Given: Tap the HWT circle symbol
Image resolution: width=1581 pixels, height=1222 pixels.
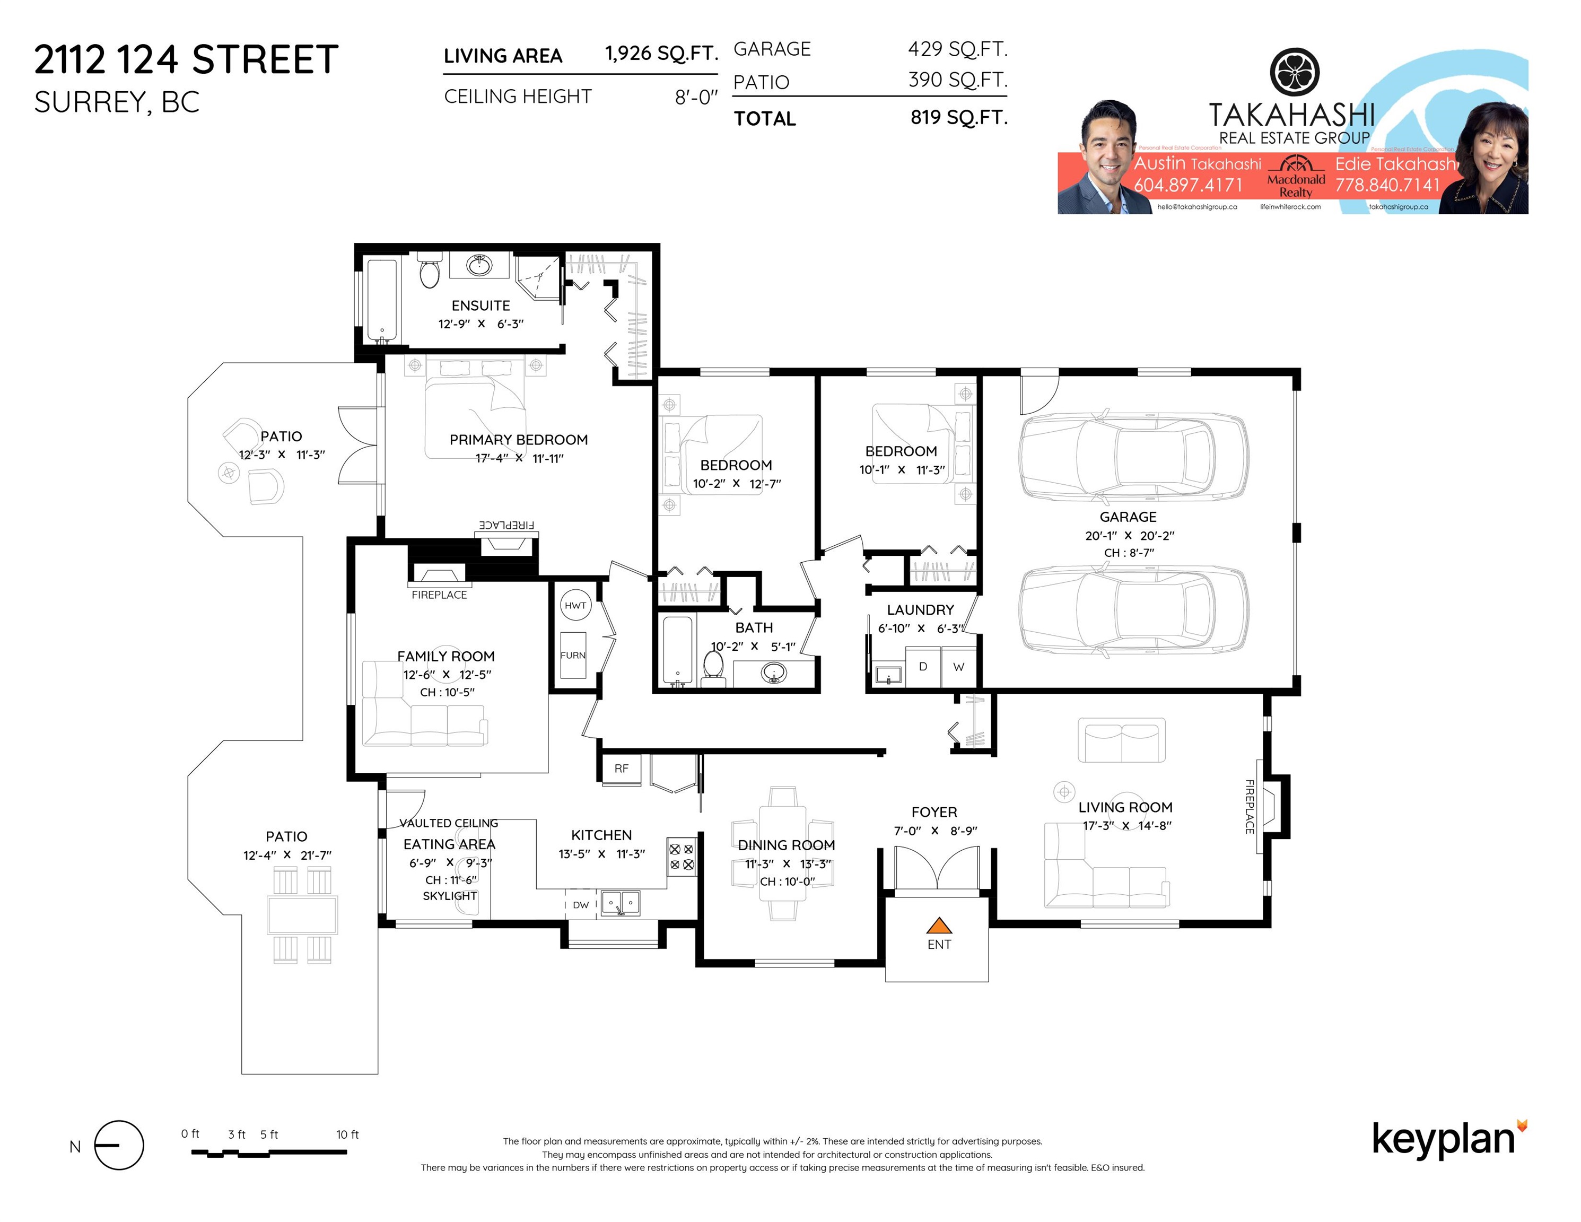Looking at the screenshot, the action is [x=575, y=605].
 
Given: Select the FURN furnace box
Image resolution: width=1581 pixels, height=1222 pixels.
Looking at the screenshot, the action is [x=573, y=654].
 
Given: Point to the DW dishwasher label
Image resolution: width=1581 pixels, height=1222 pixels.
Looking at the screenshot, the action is [x=581, y=904].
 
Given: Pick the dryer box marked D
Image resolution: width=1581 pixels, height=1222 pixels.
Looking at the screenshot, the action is [x=923, y=666].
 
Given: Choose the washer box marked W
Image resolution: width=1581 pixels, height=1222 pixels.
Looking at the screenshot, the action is [x=958, y=667].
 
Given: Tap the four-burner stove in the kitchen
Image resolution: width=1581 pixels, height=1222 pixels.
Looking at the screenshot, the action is [x=681, y=857].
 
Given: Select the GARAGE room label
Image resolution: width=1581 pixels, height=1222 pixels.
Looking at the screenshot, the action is [x=1128, y=517].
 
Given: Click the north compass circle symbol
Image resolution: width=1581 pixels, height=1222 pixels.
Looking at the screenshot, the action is [x=119, y=1145].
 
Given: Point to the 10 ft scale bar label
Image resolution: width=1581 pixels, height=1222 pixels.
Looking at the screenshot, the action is [x=347, y=1134].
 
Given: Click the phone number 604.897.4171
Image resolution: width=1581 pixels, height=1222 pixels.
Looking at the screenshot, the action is [x=1188, y=185].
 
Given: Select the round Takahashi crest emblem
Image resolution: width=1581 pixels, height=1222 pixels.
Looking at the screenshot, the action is [x=1295, y=72].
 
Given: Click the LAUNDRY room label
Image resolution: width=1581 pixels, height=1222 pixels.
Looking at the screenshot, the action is [x=920, y=609].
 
